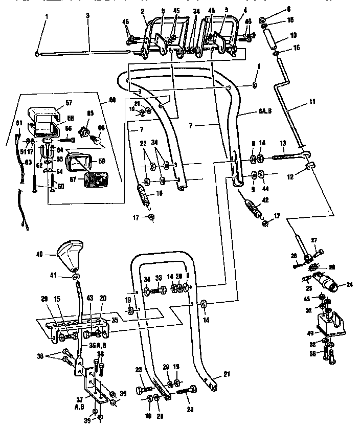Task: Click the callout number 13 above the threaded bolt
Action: tap(282, 144)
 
